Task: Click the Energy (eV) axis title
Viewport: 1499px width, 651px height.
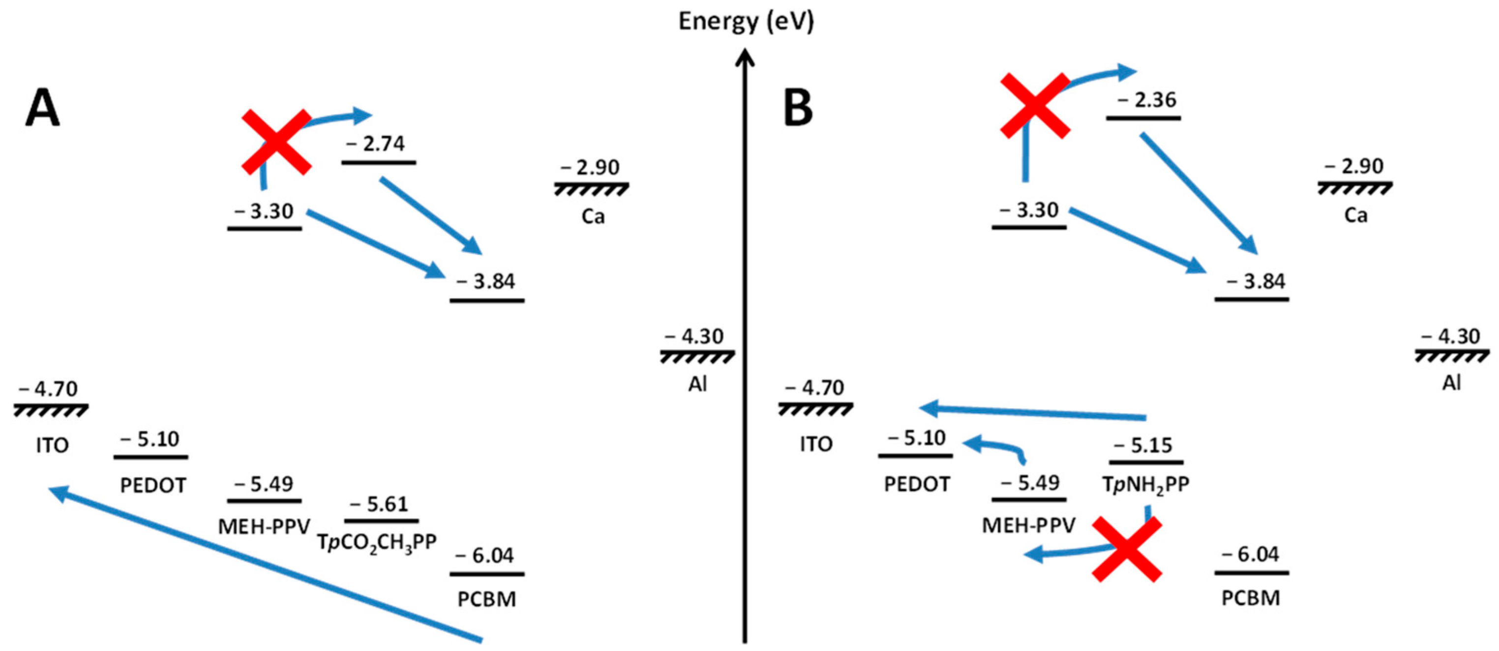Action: coord(746,22)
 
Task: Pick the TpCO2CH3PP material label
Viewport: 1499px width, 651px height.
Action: coord(377,542)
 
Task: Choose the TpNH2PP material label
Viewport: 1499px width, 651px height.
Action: coord(1146,484)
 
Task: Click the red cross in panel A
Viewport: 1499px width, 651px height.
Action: coord(276,142)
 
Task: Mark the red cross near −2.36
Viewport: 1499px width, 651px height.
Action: coord(1035,105)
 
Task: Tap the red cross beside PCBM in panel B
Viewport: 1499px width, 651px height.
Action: coord(1127,550)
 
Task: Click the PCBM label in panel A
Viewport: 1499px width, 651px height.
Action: coord(486,599)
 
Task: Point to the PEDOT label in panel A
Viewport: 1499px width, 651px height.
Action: coord(153,485)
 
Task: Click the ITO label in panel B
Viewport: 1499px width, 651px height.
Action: coord(816,444)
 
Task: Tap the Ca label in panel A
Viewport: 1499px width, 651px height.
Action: coord(593,216)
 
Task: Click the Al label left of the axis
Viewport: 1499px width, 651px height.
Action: coord(697,384)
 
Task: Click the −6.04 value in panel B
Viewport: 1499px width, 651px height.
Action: coord(1252,555)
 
